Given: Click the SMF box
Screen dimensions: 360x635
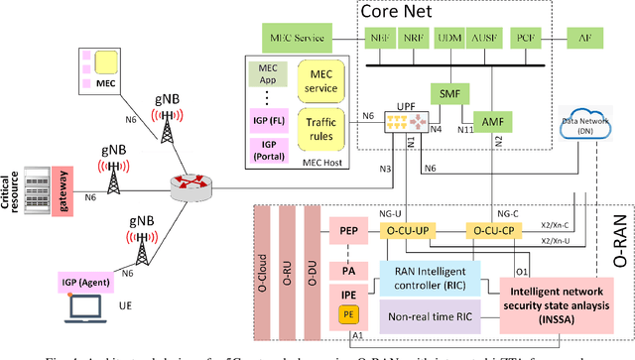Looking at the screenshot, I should pyautogui.click(x=447, y=92).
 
